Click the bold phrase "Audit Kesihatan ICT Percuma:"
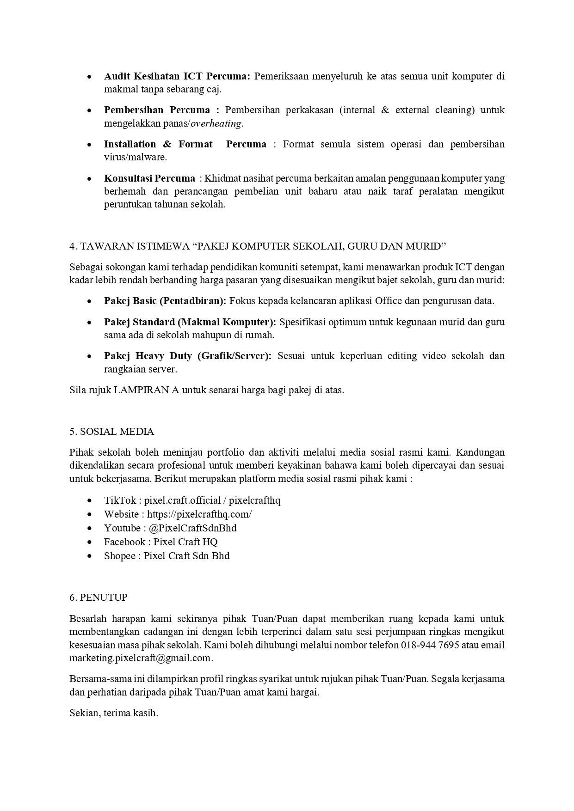pos(177,76)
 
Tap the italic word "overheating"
pos(216,124)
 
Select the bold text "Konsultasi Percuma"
pos(149,178)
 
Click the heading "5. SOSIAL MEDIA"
pos(111,432)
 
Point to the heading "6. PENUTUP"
pos(98,598)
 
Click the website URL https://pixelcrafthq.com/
pos(199,514)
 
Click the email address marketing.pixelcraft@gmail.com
pos(141,658)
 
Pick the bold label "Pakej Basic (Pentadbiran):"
pos(165,301)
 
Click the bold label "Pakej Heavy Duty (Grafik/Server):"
pos(187,356)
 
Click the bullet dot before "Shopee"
pos(89,556)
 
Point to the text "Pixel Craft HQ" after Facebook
pos(185,542)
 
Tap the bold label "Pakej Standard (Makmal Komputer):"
pos(190,322)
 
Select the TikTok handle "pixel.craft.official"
pos(182,500)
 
